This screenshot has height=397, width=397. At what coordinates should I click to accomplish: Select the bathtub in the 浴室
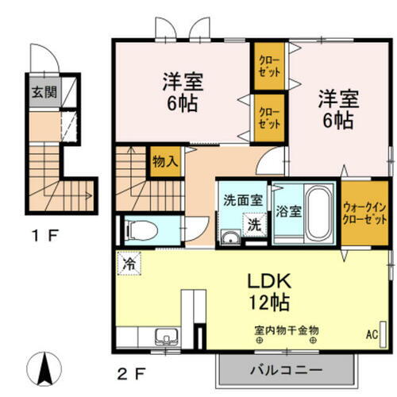(x=319, y=211)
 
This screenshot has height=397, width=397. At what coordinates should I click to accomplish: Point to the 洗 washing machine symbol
(x=255, y=225)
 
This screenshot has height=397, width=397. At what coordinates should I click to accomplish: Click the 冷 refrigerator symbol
(x=128, y=260)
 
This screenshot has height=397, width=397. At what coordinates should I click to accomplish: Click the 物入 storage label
(x=165, y=161)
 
